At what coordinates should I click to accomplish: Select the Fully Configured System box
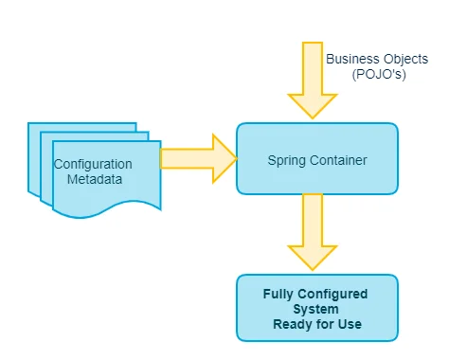pyautogui.click(x=316, y=308)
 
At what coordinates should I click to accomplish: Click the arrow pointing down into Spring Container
pyautogui.click(x=313, y=81)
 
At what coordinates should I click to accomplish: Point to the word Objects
pyautogui.click(x=406, y=59)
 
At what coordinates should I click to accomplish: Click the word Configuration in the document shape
pyautogui.click(x=93, y=164)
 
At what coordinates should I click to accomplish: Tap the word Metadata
pyautogui.click(x=93, y=180)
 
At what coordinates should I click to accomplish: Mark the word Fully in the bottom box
pyautogui.click(x=278, y=293)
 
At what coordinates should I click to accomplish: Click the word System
pyautogui.click(x=317, y=309)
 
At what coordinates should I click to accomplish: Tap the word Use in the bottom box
pyautogui.click(x=348, y=325)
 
